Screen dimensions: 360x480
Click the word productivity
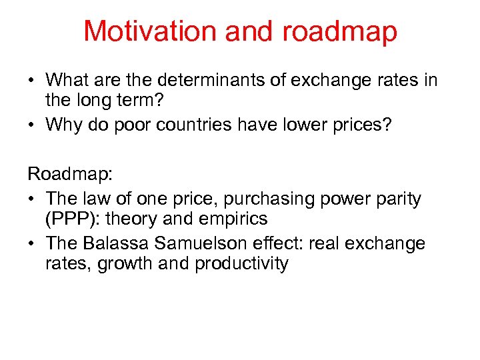click(241, 264)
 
